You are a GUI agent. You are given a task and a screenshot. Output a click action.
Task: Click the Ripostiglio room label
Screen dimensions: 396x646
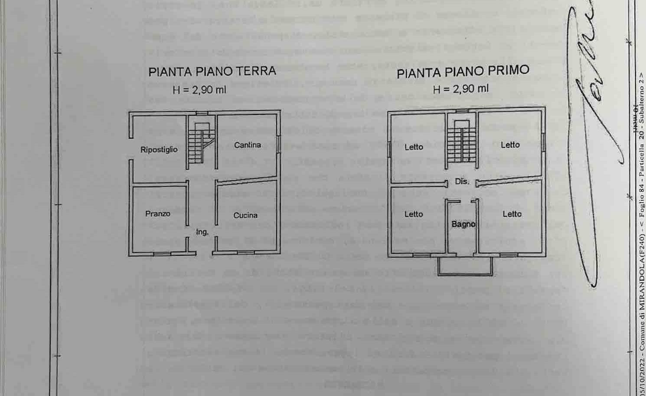159,150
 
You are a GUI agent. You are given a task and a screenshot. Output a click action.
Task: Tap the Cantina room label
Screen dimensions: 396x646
248,145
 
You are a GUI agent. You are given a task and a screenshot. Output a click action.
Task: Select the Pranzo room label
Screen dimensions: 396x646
158,214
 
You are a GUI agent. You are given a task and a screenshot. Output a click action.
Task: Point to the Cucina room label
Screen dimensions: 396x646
245,215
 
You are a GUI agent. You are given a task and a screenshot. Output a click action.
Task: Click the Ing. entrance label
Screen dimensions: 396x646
202,232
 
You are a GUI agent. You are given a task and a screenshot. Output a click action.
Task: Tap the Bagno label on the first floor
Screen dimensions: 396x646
463,224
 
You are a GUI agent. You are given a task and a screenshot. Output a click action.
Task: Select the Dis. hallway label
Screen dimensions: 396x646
462,182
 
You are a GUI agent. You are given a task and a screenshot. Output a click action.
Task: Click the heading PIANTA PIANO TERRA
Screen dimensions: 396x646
212,72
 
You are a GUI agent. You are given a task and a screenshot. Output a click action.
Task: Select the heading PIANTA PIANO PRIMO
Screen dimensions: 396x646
463,72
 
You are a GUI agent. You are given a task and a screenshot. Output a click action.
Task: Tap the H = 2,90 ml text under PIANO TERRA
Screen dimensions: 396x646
199,90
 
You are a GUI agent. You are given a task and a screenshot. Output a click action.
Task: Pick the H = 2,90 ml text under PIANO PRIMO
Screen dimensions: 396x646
460,89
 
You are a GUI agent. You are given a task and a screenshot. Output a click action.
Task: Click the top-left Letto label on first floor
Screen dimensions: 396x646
414,147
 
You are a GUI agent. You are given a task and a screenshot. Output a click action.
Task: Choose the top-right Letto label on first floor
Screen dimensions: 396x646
510,145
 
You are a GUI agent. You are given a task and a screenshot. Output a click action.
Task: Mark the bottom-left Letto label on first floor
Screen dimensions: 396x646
414,214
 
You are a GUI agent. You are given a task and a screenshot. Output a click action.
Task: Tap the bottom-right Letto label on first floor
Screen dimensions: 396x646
512,214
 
